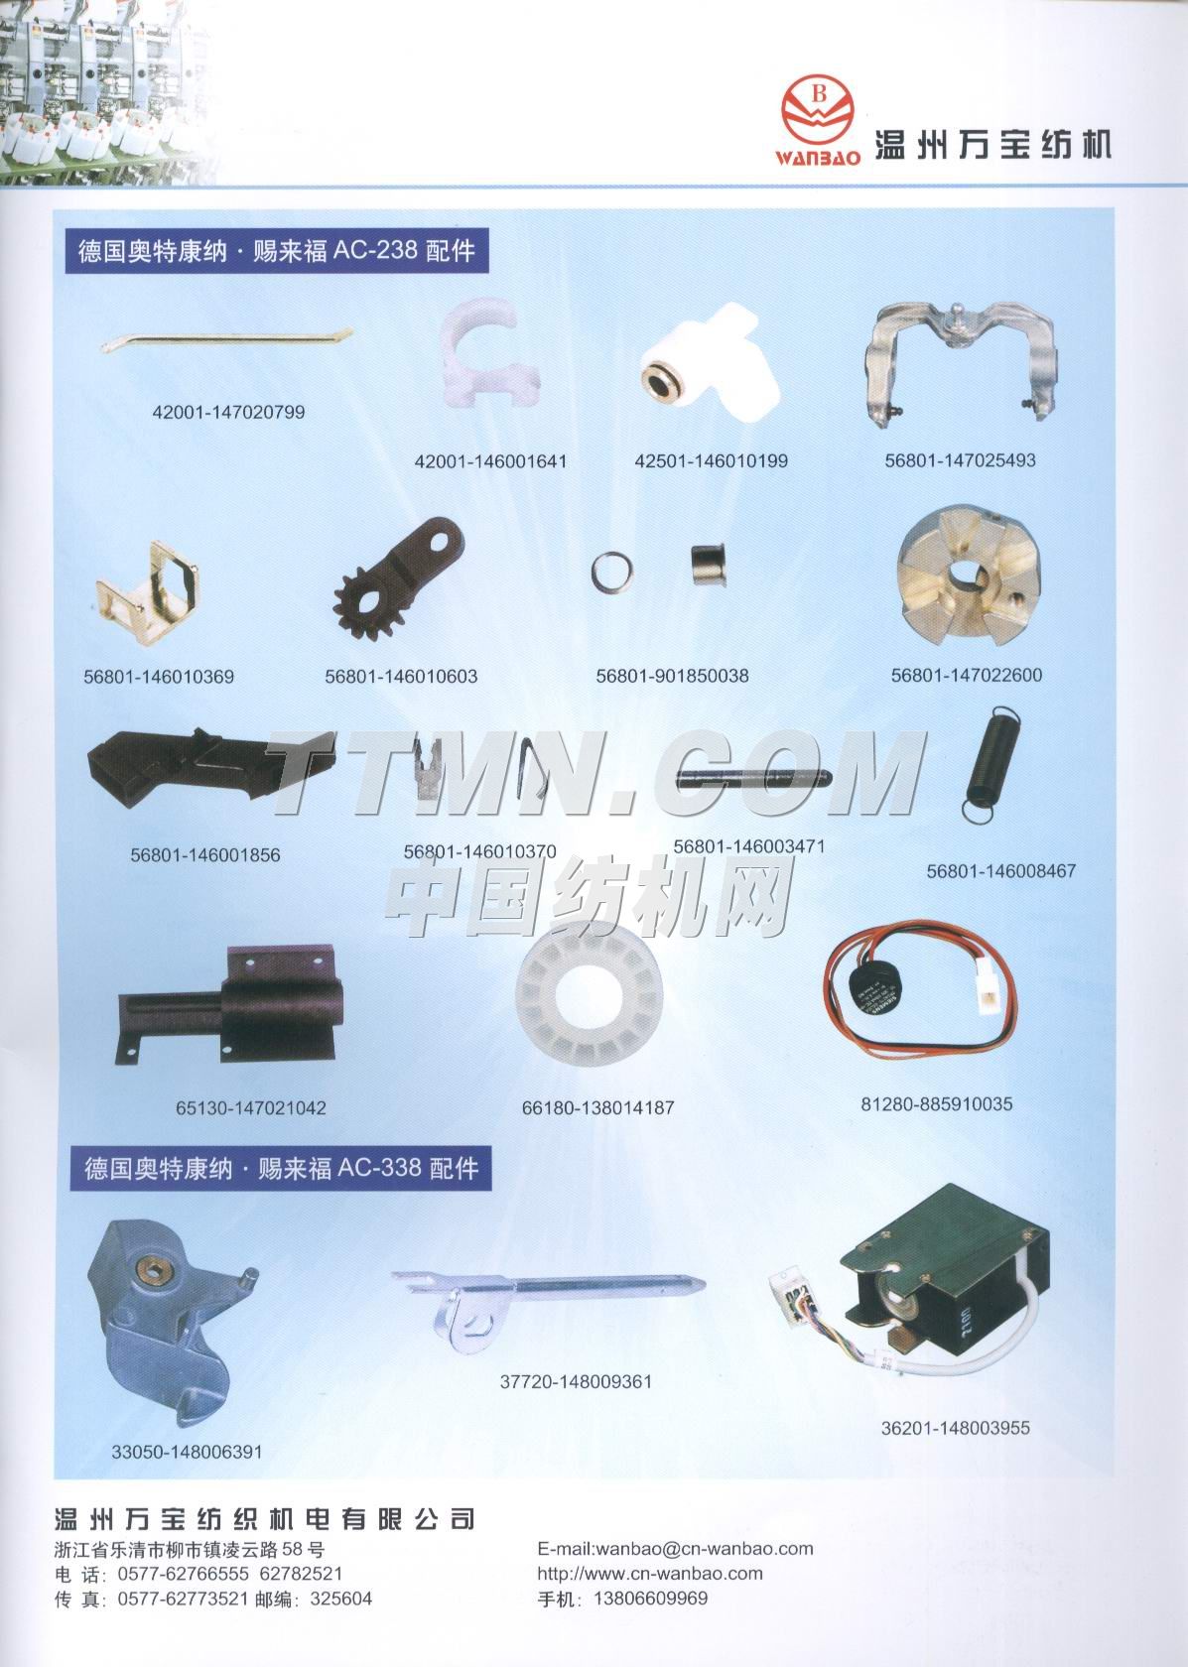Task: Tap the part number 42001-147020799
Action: click(x=228, y=413)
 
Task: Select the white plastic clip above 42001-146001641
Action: click(x=486, y=352)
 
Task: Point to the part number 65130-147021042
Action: click(x=251, y=1108)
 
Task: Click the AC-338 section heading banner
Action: click(x=281, y=1169)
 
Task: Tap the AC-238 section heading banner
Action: click(x=277, y=251)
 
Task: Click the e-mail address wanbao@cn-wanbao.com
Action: click(x=705, y=1550)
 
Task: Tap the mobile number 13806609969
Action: click(x=651, y=1599)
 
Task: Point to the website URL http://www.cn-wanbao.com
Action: click(x=650, y=1574)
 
